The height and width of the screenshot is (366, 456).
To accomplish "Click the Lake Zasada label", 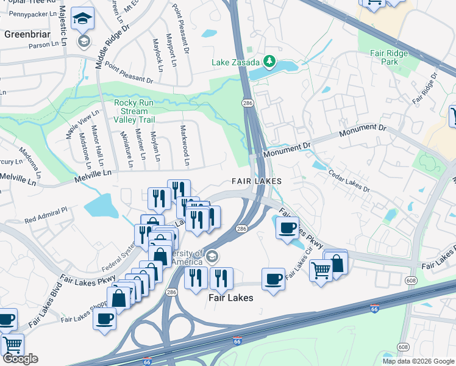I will pyautogui.click(x=235, y=62).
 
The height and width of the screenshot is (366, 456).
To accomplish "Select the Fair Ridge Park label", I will pyautogui.click(x=389, y=57).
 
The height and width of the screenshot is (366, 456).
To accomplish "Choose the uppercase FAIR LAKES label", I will pyautogui.click(x=256, y=181).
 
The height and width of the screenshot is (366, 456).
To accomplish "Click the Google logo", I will pyautogui.click(x=20, y=359).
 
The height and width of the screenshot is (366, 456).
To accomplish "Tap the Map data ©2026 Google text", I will pyautogui.click(x=418, y=361).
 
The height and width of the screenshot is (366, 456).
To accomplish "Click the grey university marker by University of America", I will pyautogui.click(x=212, y=255).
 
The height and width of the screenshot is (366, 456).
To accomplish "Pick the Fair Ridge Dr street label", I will pyautogui.click(x=425, y=88).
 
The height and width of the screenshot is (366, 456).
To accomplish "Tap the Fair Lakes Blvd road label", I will pyautogui.click(x=52, y=303).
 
